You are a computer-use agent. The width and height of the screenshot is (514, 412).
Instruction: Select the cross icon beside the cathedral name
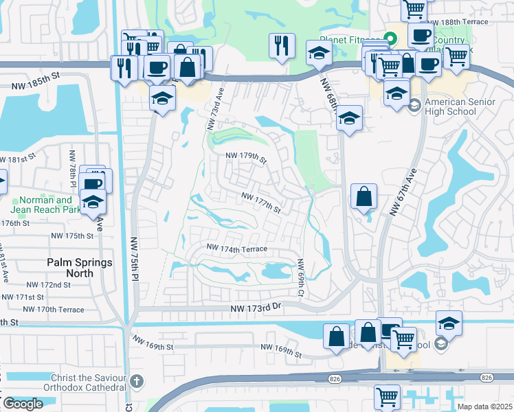click(137, 380)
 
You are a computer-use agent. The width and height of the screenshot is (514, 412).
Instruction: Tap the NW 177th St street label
click(260, 202)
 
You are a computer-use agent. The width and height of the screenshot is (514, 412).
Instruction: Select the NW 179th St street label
click(247, 159)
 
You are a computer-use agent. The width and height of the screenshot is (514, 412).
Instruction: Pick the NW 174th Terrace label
click(237, 248)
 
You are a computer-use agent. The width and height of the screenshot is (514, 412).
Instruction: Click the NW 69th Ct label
click(300, 278)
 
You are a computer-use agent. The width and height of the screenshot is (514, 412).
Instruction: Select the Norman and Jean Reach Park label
click(41, 205)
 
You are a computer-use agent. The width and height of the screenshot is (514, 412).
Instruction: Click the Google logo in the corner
click(23, 404)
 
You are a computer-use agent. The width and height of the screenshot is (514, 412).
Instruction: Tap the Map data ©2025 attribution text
click(485, 407)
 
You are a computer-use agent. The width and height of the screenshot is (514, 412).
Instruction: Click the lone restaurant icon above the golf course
click(282, 46)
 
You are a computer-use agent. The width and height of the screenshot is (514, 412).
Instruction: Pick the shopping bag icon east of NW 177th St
click(364, 196)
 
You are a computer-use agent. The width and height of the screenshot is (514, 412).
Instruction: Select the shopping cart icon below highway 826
click(388, 397)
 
